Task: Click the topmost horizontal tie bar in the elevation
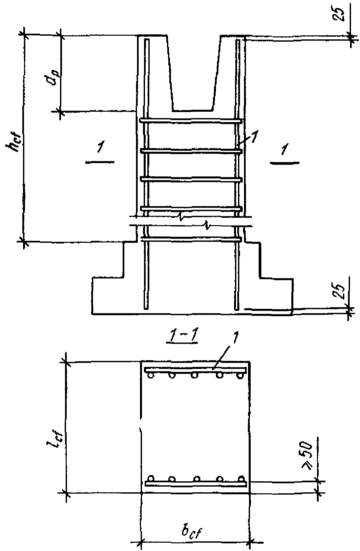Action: click(191, 121)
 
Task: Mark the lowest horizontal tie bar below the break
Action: click(191, 239)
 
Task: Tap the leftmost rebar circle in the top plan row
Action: click(150, 376)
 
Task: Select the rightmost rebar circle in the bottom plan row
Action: click(239, 478)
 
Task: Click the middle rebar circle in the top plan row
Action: click(194, 376)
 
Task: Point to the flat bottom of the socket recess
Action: click(192, 110)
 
